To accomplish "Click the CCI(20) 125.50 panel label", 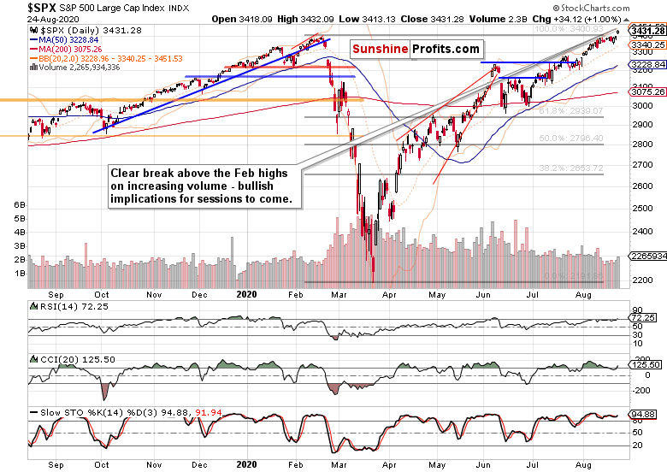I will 64,358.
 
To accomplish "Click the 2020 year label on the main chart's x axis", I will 245,293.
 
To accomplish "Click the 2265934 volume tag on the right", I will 646,254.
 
